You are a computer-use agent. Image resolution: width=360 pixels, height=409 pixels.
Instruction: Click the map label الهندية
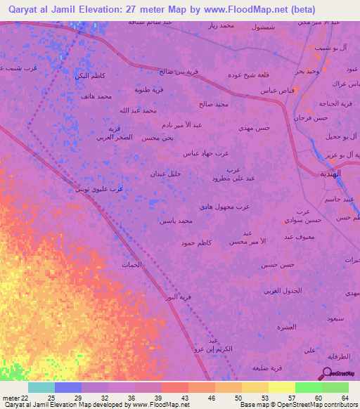tap(330, 173)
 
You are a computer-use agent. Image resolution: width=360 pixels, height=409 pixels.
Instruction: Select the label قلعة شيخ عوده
tap(249, 75)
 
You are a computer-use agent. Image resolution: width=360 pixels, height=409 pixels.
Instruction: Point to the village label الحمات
tap(131, 265)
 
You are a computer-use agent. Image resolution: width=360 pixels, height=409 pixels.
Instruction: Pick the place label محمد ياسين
tap(175, 221)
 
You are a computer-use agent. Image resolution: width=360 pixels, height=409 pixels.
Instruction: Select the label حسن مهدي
tap(253, 128)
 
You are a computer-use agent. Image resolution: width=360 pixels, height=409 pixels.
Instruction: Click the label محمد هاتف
tap(96, 96)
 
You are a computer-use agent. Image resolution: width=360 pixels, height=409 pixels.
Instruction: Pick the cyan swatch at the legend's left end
tap(41, 387)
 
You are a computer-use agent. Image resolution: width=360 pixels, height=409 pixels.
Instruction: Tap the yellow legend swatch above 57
tap(282, 387)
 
